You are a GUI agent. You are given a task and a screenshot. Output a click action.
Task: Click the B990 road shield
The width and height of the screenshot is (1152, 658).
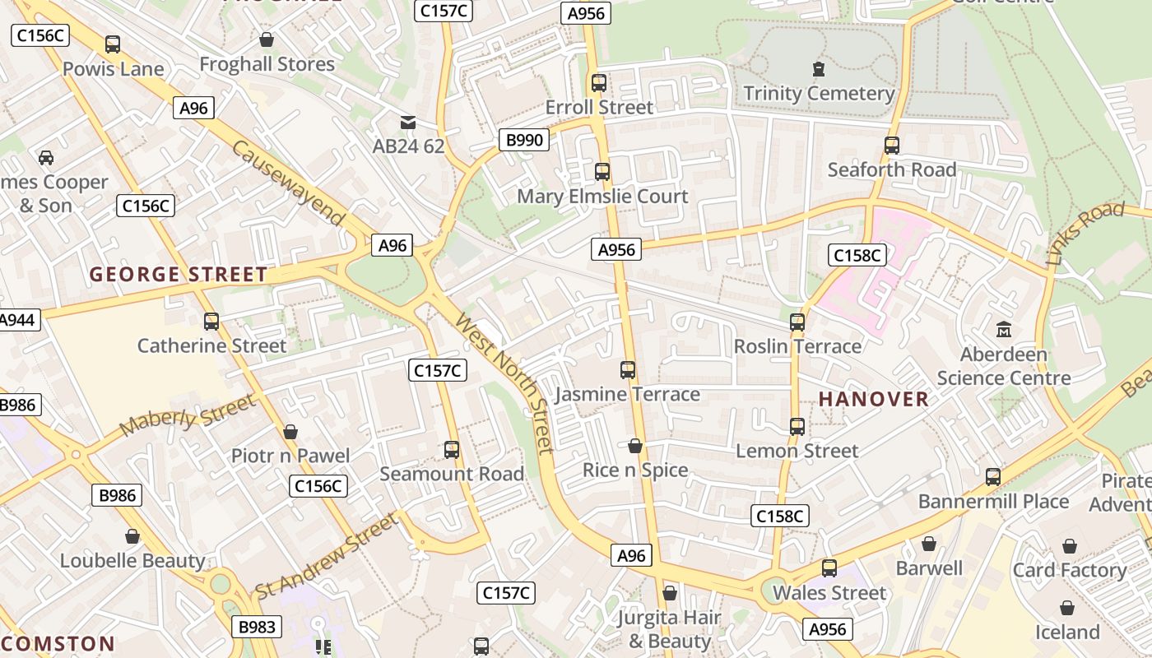click(x=524, y=140)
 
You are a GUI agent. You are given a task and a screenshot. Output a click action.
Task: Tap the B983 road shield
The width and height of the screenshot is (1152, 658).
click(x=256, y=627)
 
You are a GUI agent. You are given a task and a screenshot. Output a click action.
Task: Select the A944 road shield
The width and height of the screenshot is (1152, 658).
click(x=17, y=320)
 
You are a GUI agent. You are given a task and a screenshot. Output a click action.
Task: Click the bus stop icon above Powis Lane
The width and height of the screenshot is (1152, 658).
click(x=113, y=44)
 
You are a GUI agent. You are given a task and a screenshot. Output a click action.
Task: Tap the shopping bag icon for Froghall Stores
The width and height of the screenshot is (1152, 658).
click(x=267, y=39)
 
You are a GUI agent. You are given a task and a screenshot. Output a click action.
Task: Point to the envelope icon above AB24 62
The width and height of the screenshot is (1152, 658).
click(x=407, y=123)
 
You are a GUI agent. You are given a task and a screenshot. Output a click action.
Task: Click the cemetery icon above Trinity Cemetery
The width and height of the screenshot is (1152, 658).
click(x=818, y=68)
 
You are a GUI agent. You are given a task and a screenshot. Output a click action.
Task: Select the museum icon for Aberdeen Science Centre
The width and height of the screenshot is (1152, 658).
click(x=1003, y=330)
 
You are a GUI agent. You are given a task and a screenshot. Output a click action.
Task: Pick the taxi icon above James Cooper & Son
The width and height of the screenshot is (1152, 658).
click(x=46, y=157)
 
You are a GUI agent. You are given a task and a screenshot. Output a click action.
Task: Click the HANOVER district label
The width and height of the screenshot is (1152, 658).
click(x=873, y=400)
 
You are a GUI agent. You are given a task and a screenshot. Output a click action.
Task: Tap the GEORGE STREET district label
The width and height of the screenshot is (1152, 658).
click(x=179, y=275)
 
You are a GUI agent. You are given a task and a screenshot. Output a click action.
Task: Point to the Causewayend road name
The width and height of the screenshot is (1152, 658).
click(x=288, y=183)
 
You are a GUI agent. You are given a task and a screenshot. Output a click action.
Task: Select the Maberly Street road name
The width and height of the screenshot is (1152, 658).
click(x=188, y=415)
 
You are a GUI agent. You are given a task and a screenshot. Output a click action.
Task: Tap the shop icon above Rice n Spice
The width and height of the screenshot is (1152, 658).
click(x=634, y=446)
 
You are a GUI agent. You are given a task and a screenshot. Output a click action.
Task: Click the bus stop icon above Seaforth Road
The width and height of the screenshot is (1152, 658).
click(x=892, y=146)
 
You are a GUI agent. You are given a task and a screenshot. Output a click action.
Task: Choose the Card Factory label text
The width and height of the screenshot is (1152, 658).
click(x=1069, y=570)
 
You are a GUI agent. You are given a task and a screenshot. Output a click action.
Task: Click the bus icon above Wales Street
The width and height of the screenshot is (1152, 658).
click(x=829, y=568)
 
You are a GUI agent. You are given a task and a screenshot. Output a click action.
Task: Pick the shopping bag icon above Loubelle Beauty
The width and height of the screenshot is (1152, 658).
click(x=132, y=537)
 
